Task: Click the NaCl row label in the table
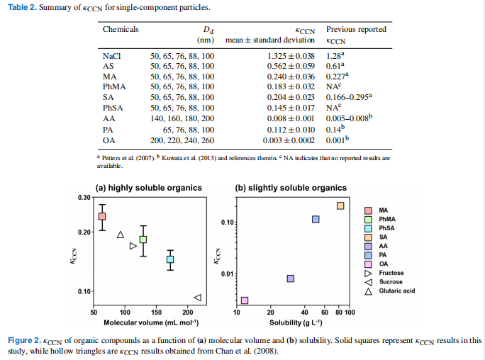tap(112, 55)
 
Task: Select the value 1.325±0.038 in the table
tap(290, 55)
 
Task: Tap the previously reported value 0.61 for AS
tap(335, 66)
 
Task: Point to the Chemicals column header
tap(121, 30)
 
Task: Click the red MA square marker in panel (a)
tap(102, 216)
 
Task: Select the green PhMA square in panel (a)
tap(143, 240)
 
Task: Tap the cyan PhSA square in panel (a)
tap(170, 259)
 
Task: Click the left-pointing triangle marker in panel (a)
tap(198, 298)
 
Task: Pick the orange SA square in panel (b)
tap(340, 206)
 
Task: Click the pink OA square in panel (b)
tap(245, 300)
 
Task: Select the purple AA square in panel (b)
tap(291, 279)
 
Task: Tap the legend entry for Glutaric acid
tap(397, 291)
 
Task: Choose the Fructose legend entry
tap(391, 273)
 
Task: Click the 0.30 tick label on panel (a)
tap(84, 197)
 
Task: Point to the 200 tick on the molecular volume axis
tap(188, 312)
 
